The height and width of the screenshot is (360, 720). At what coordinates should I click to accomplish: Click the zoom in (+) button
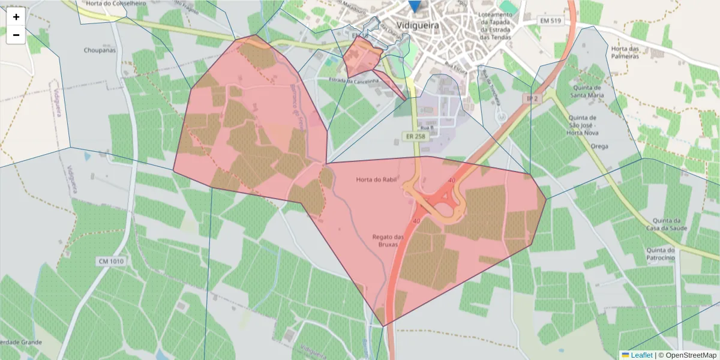pyautogui.click(x=16, y=17)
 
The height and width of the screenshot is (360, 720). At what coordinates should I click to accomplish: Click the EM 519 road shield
pyautogui.click(x=550, y=22)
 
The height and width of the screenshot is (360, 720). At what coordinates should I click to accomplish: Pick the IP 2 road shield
pyautogui.click(x=530, y=98)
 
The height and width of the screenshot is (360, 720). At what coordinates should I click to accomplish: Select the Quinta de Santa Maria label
pyautogui.click(x=587, y=89)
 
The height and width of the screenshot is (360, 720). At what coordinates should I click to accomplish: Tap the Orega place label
pyautogui.click(x=599, y=146)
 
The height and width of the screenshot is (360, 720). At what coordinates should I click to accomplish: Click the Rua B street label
pyautogui.click(x=427, y=128)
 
